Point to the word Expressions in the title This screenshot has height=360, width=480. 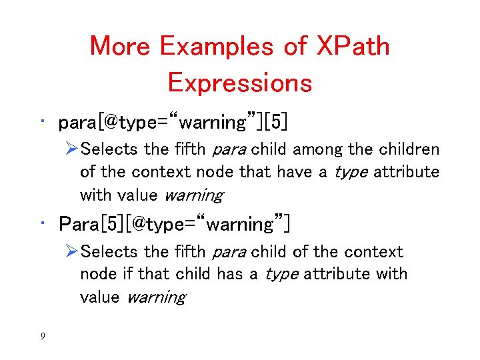coord(240,83)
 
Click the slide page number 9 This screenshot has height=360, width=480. coord(43,336)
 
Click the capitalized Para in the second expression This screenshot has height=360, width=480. coord(79,224)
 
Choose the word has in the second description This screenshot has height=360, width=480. coord(243,274)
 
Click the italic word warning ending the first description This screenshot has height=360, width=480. coord(193,195)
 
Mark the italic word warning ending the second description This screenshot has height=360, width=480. coord(156,297)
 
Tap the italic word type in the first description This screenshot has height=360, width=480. coord(350,172)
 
